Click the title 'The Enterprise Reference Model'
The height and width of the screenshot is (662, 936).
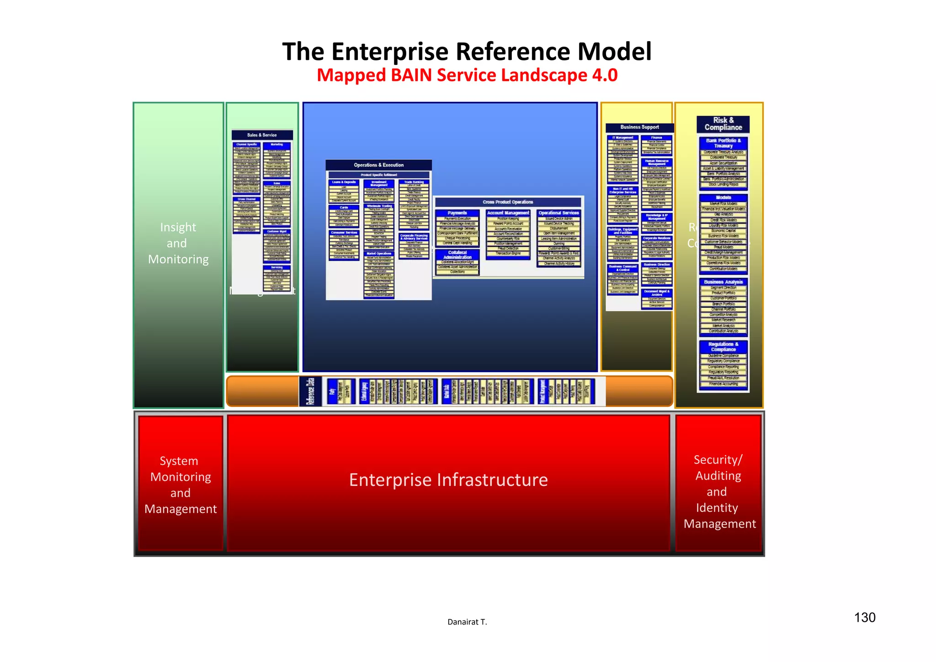click(467, 51)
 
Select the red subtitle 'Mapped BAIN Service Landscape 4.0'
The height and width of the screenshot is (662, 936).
click(467, 75)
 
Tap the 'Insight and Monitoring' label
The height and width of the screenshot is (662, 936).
click(178, 243)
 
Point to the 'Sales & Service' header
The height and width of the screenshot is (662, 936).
click(262, 135)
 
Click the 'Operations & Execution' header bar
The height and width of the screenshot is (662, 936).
click(378, 165)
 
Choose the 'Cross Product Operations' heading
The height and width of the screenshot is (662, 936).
click(508, 202)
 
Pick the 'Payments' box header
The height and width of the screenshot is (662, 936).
click(457, 213)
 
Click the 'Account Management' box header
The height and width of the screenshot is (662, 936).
click(508, 213)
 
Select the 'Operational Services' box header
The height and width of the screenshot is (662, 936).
click(558, 213)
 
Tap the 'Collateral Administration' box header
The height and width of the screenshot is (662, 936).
click(457, 255)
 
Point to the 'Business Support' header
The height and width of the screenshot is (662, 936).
click(639, 128)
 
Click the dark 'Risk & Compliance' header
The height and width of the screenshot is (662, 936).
click(723, 124)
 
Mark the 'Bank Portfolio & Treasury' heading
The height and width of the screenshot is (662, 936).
click(723, 143)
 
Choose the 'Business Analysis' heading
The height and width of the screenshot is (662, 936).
click(723, 282)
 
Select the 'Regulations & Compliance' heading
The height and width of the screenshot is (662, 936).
click(723, 347)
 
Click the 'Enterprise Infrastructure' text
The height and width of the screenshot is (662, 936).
click(448, 480)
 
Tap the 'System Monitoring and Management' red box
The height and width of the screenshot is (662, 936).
click(181, 485)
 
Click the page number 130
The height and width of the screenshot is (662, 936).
click(865, 618)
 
